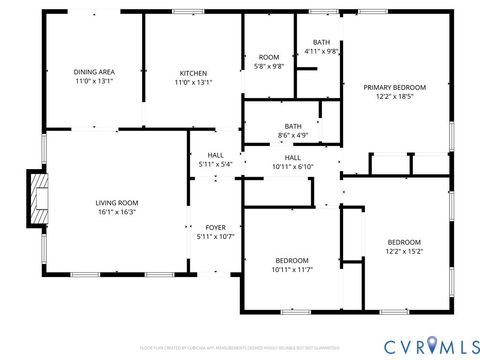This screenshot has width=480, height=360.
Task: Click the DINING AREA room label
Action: (94, 72)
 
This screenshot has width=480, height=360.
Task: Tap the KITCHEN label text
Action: (193, 72)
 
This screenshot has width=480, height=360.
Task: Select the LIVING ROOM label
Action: (116, 202)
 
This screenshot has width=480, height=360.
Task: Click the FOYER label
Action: (215, 227)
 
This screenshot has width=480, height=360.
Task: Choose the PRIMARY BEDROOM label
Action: (394, 87)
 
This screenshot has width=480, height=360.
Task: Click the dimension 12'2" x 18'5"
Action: (394, 97)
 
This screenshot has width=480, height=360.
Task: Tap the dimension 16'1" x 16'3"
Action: (116, 212)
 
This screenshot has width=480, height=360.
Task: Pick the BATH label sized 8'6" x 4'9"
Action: (292, 126)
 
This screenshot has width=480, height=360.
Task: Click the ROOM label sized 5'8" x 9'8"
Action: (269, 57)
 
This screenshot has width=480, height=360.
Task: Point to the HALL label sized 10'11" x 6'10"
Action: (292, 157)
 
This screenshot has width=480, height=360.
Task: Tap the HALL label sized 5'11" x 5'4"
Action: (215, 155)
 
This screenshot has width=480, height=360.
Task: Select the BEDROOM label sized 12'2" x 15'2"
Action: (404, 242)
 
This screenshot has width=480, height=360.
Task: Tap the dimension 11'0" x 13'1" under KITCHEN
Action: (193, 82)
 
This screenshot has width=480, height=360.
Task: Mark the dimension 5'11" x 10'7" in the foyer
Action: (215, 237)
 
